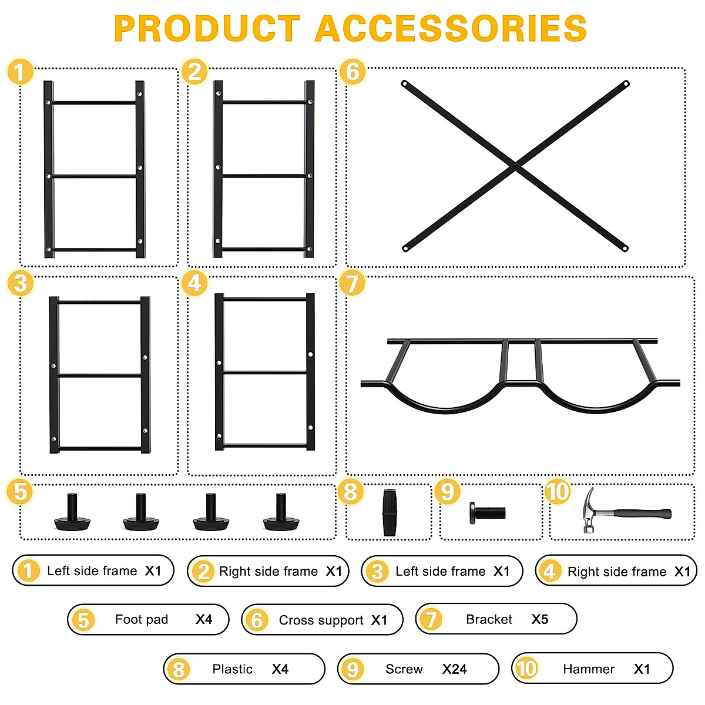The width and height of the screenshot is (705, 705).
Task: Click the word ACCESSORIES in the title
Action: (451, 28)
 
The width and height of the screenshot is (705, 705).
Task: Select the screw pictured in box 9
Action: (488, 512)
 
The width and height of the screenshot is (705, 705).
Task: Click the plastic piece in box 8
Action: (390, 512)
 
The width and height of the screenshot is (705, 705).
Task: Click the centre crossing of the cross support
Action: (516, 166)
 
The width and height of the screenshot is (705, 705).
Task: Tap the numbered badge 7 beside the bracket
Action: (352, 283)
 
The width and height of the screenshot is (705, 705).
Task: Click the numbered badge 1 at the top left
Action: (20, 72)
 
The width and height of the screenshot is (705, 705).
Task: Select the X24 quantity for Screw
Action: (454, 669)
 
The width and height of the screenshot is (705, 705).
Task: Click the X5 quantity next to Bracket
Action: (539, 619)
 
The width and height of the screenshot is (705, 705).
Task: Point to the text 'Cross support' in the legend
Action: (321, 620)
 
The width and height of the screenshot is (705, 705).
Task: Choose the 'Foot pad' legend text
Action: (142, 619)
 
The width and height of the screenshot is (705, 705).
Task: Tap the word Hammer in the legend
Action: (588, 669)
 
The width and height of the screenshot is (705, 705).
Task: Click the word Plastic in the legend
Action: (232, 669)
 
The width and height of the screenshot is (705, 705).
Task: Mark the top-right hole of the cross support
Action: (626, 84)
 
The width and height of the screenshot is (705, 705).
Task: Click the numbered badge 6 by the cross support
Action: (352, 72)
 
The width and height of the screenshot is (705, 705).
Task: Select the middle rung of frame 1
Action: (94, 175)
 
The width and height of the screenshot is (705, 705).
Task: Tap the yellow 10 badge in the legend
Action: (526, 669)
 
